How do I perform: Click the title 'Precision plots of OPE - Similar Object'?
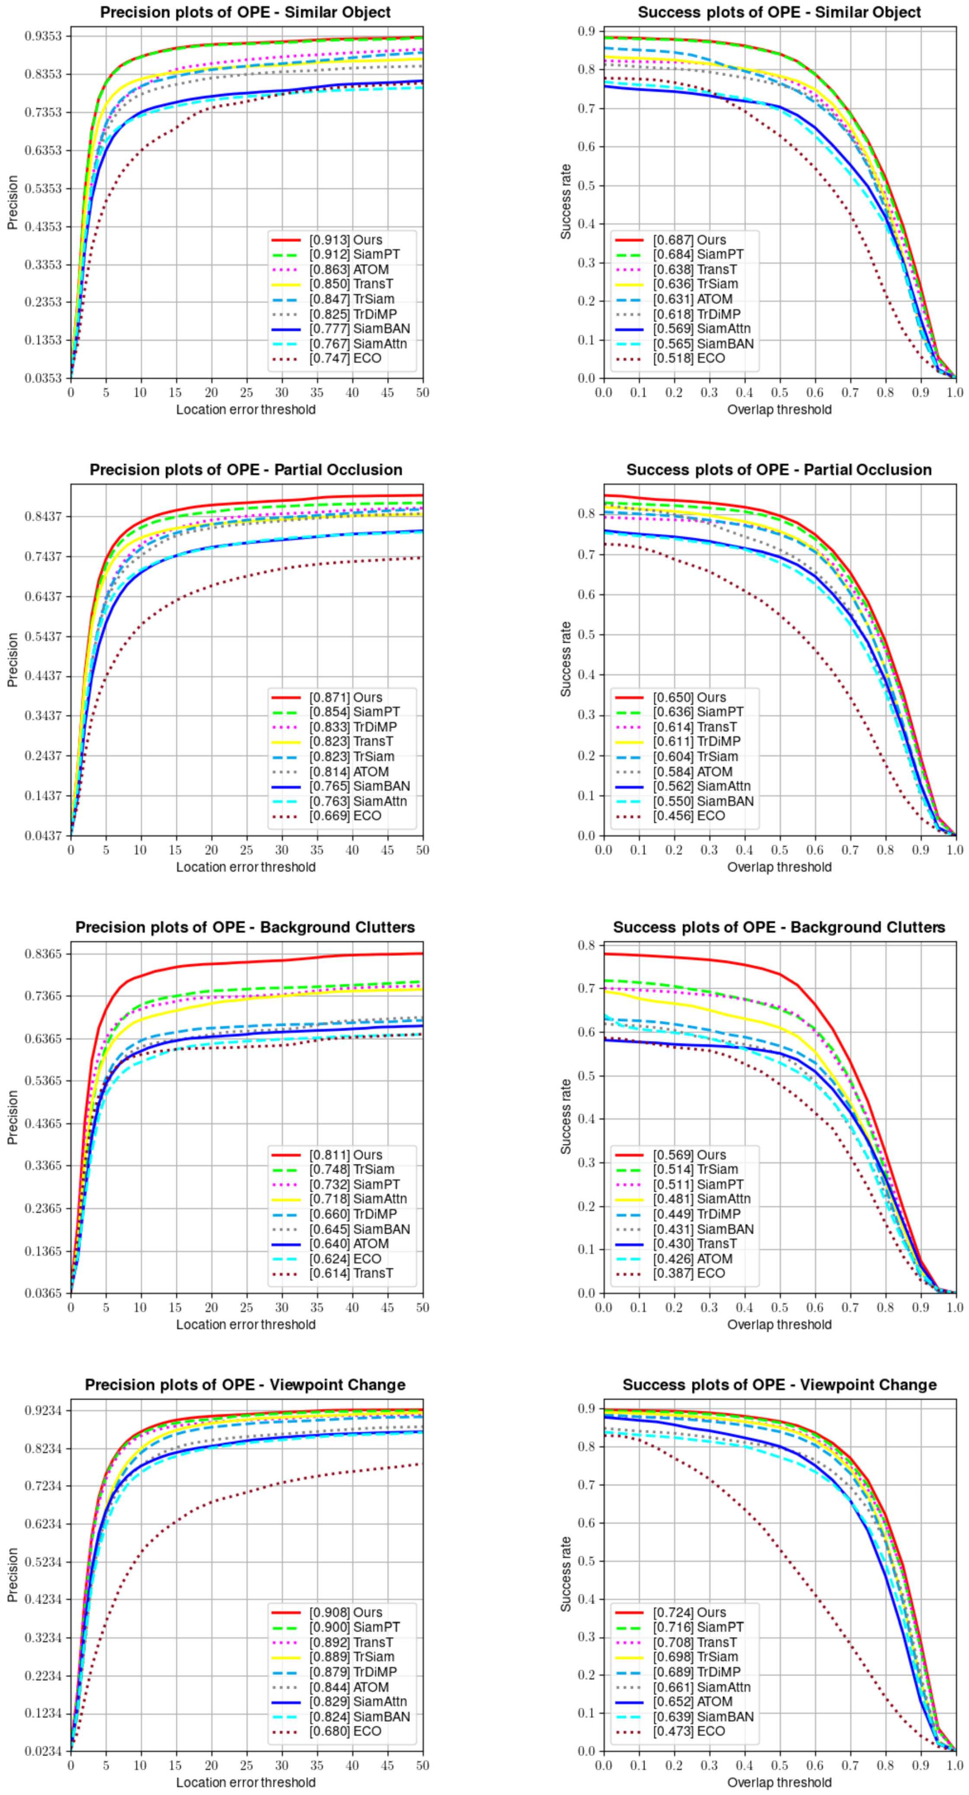click(x=245, y=13)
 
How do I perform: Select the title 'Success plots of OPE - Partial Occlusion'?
click(x=779, y=470)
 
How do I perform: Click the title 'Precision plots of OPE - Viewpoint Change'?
click(x=245, y=1385)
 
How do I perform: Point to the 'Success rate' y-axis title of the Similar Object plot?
click(x=565, y=202)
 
